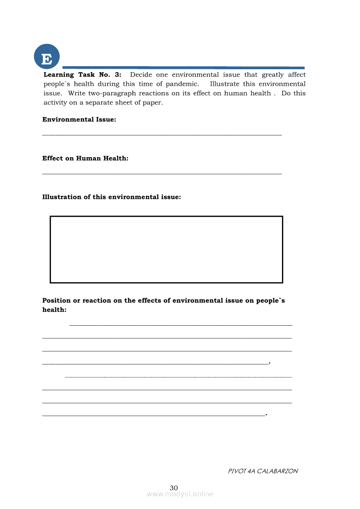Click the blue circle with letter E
point(47,57)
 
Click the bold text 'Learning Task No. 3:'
point(82,74)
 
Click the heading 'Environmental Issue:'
point(79,119)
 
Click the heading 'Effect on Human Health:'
point(85,158)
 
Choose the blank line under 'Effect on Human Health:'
point(162,174)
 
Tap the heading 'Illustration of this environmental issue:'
point(112,197)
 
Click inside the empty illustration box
point(166,249)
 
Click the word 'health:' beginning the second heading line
point(54,310)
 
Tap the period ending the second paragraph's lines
point(266,415)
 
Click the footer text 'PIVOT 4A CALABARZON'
point(263,471)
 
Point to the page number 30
point(174,488)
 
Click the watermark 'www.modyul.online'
point(180,494)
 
